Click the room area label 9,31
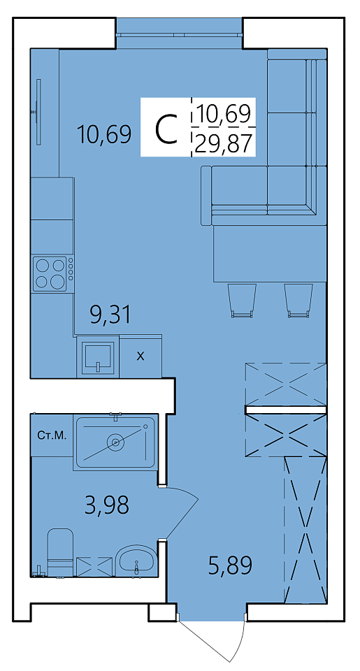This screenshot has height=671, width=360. [110, 315]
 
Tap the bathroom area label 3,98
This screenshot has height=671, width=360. [107, 505]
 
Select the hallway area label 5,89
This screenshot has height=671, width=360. [230, 565]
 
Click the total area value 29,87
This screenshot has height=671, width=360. [222, 143]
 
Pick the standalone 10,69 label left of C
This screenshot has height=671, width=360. [104, 134]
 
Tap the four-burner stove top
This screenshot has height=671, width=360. [50, 274]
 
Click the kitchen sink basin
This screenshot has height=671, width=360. [99, 357]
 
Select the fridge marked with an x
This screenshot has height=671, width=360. [141, 356]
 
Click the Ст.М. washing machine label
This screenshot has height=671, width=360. [52, 435]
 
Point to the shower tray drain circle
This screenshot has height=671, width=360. [115, 442]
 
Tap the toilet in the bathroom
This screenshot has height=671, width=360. [60, 552]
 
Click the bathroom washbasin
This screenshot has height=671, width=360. [136, 561]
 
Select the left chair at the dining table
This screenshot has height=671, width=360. [242, 300]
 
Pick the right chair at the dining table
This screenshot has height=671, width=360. [298, 300]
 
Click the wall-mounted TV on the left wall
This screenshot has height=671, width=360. [38, 112]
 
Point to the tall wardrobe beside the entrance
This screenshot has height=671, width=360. [305, 529]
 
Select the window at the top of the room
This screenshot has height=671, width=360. [180, 34]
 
